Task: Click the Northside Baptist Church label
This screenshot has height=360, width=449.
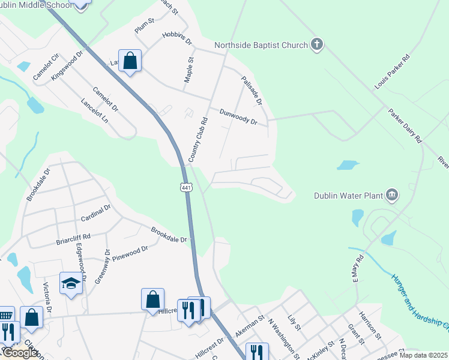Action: (261, 45)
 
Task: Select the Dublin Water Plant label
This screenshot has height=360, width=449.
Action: (348, 195)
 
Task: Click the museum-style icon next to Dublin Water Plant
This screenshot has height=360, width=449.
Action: (392, 194)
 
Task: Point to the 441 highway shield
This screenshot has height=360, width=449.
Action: (186, 188)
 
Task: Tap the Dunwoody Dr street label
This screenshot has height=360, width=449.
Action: (238, 116)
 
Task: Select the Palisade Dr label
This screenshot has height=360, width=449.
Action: (252, 91)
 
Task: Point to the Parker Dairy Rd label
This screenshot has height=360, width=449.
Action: (405, 125)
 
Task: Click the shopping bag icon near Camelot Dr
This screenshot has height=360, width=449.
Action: (130, 61)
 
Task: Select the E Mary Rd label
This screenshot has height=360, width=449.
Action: (359, 269)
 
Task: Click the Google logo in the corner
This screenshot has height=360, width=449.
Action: (19, 353)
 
